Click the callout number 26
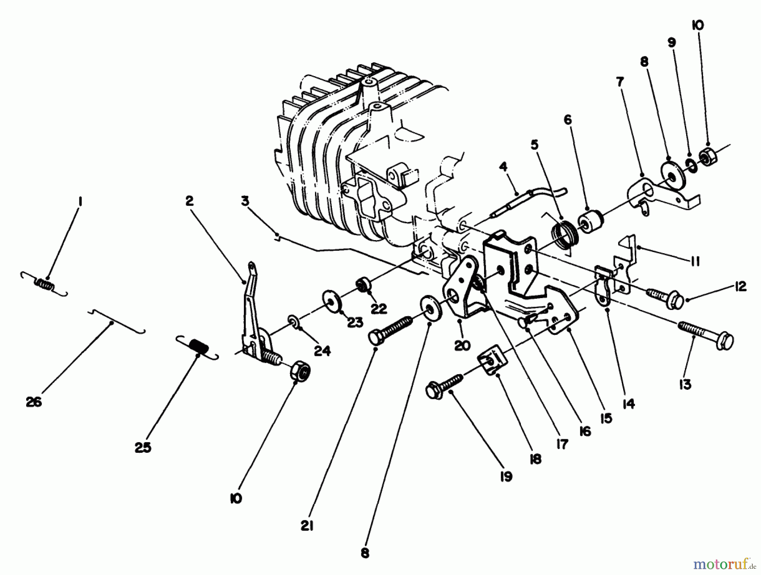[34, 402]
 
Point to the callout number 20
[463, 345]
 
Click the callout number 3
[245, 202]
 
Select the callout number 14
[629, 404]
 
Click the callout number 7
[620, 82]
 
